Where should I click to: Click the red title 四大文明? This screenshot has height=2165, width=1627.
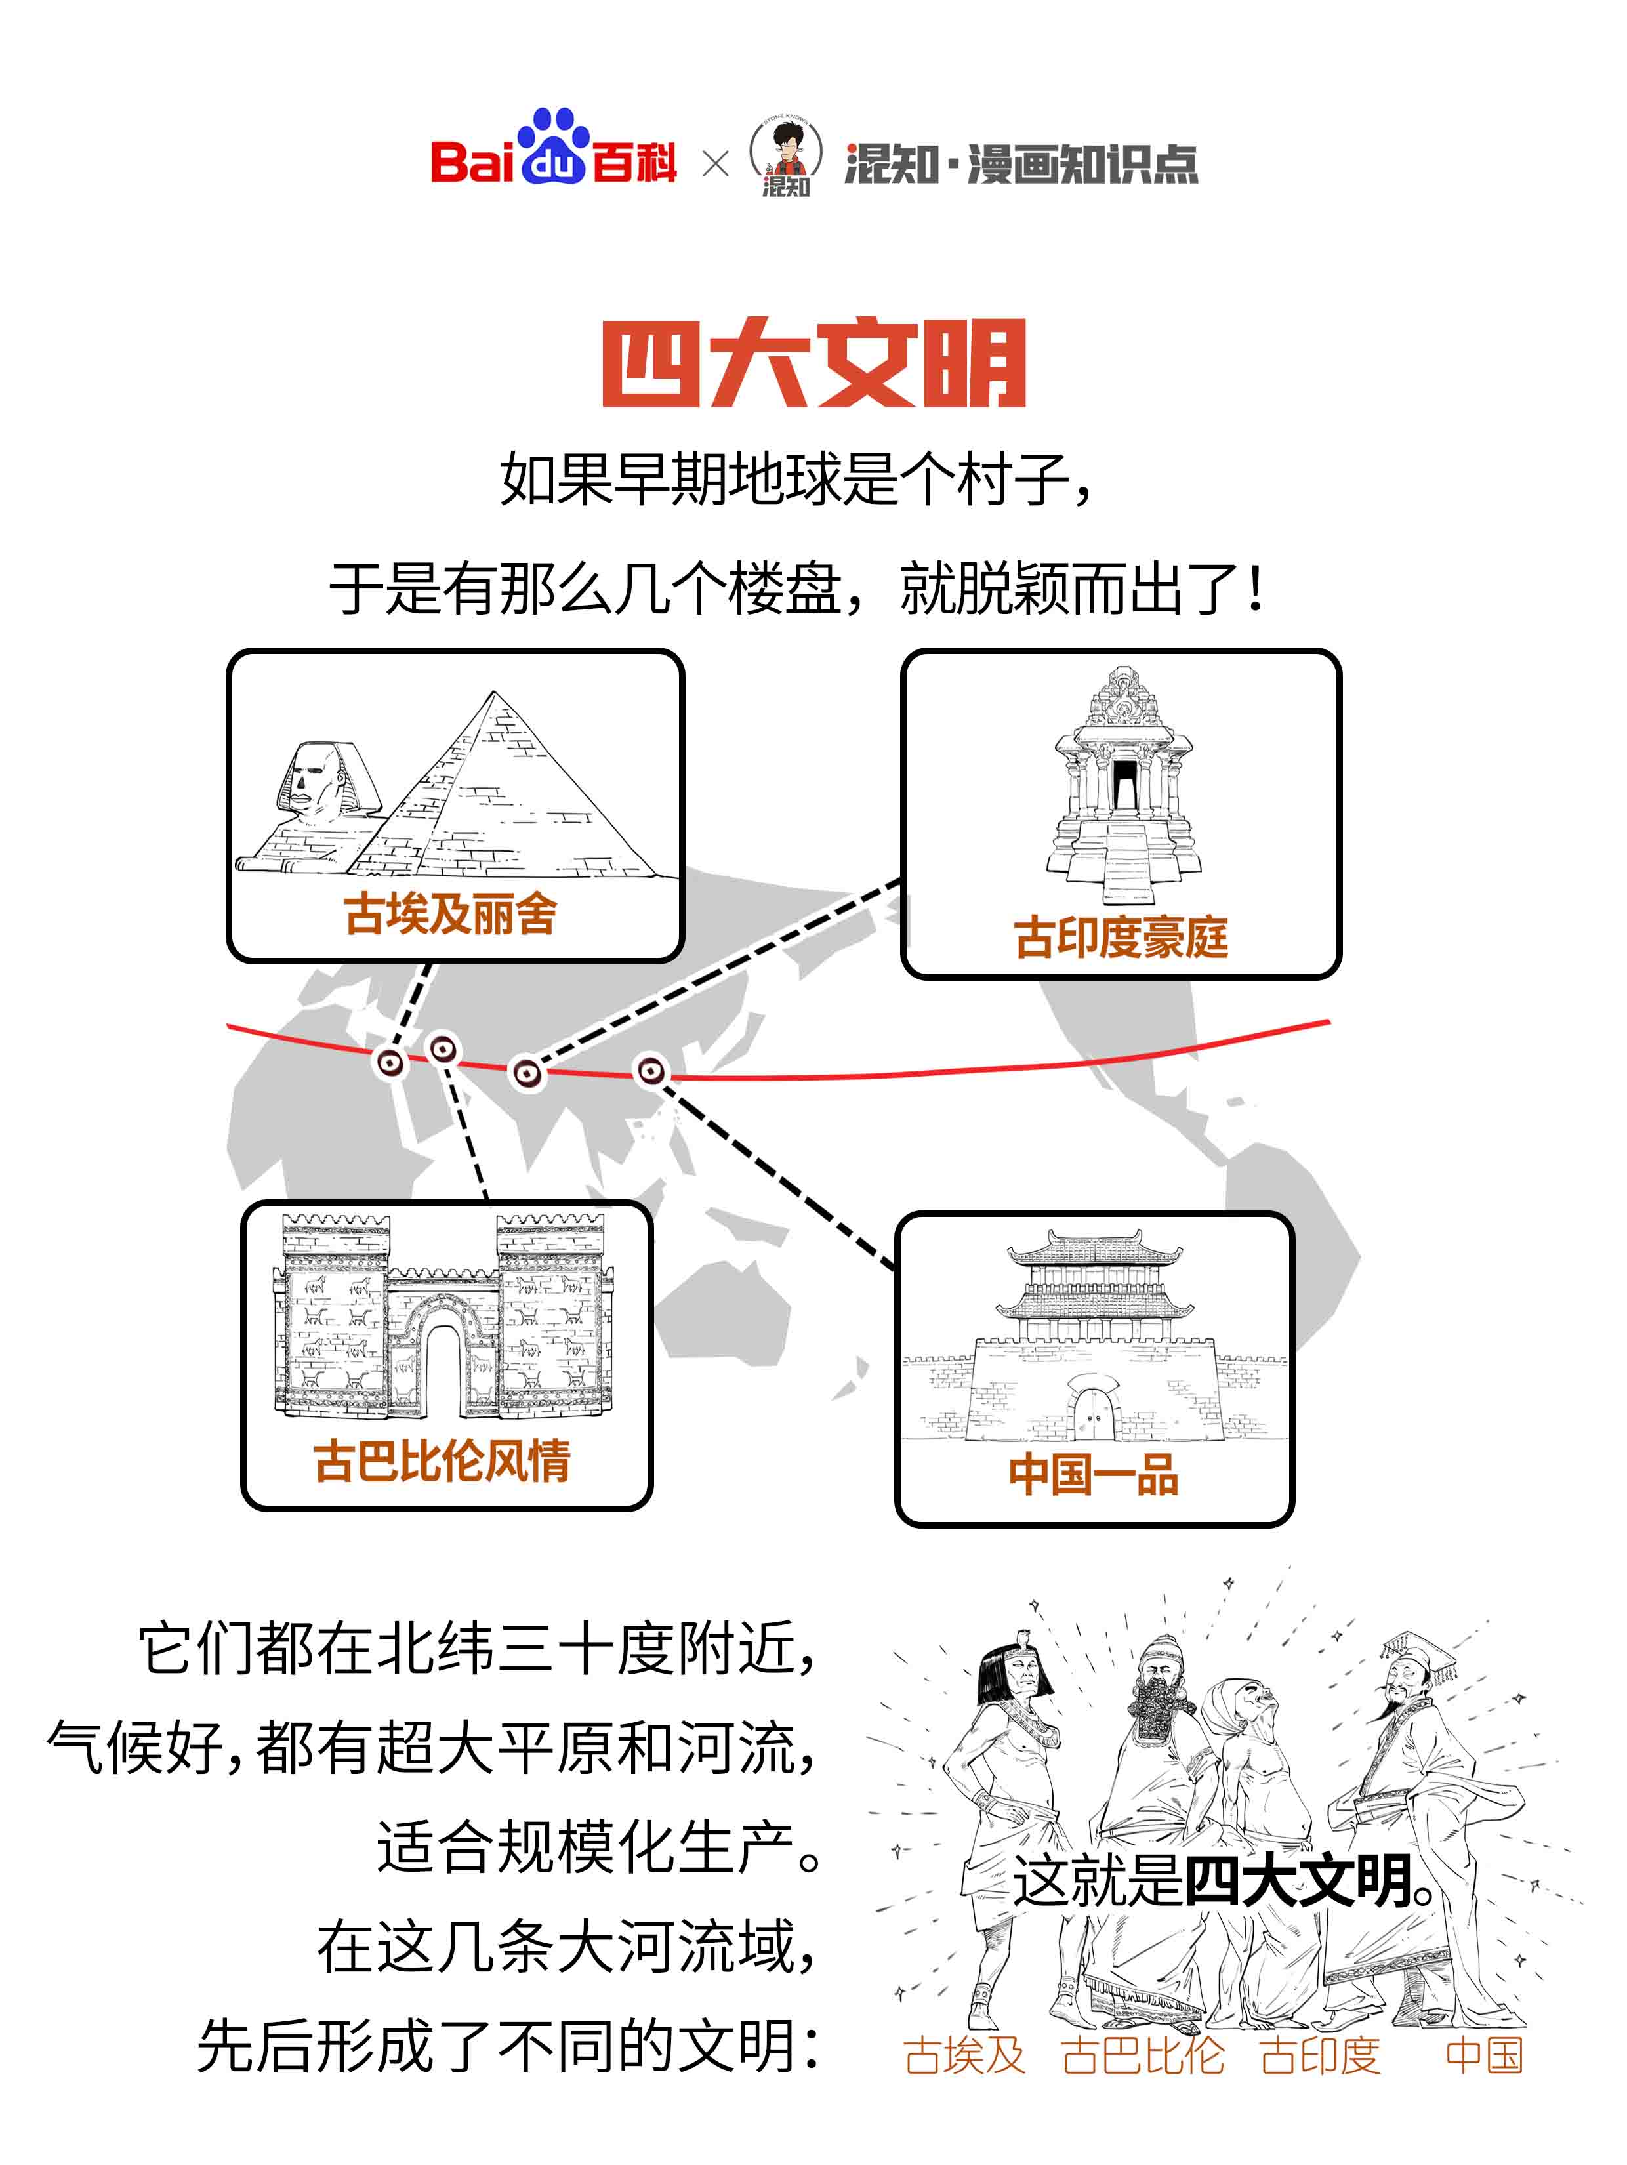pyautogui.click(x=813, y=363)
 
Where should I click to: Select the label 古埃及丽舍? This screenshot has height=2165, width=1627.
pyautogui.click(x=450, y=914)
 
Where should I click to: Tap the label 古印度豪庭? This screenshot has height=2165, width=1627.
pyautogui.click(x=1121, y=938)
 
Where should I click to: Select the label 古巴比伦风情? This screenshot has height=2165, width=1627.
pyautogui.click(x=442, y=1461)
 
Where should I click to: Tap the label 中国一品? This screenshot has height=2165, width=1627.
pyautogui.click(x=1094, y=1474)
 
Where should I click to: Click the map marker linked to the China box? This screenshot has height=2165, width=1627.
pyautogui.click(x=651, y=1071)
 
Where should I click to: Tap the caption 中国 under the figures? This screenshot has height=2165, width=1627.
pyautogui.click(x=1483, y=2055)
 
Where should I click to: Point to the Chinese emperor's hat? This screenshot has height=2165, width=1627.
pyautogui.click(x=1416, y=1648)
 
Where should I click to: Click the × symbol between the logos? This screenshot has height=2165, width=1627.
pyautogui.click(x=716, y=163)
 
